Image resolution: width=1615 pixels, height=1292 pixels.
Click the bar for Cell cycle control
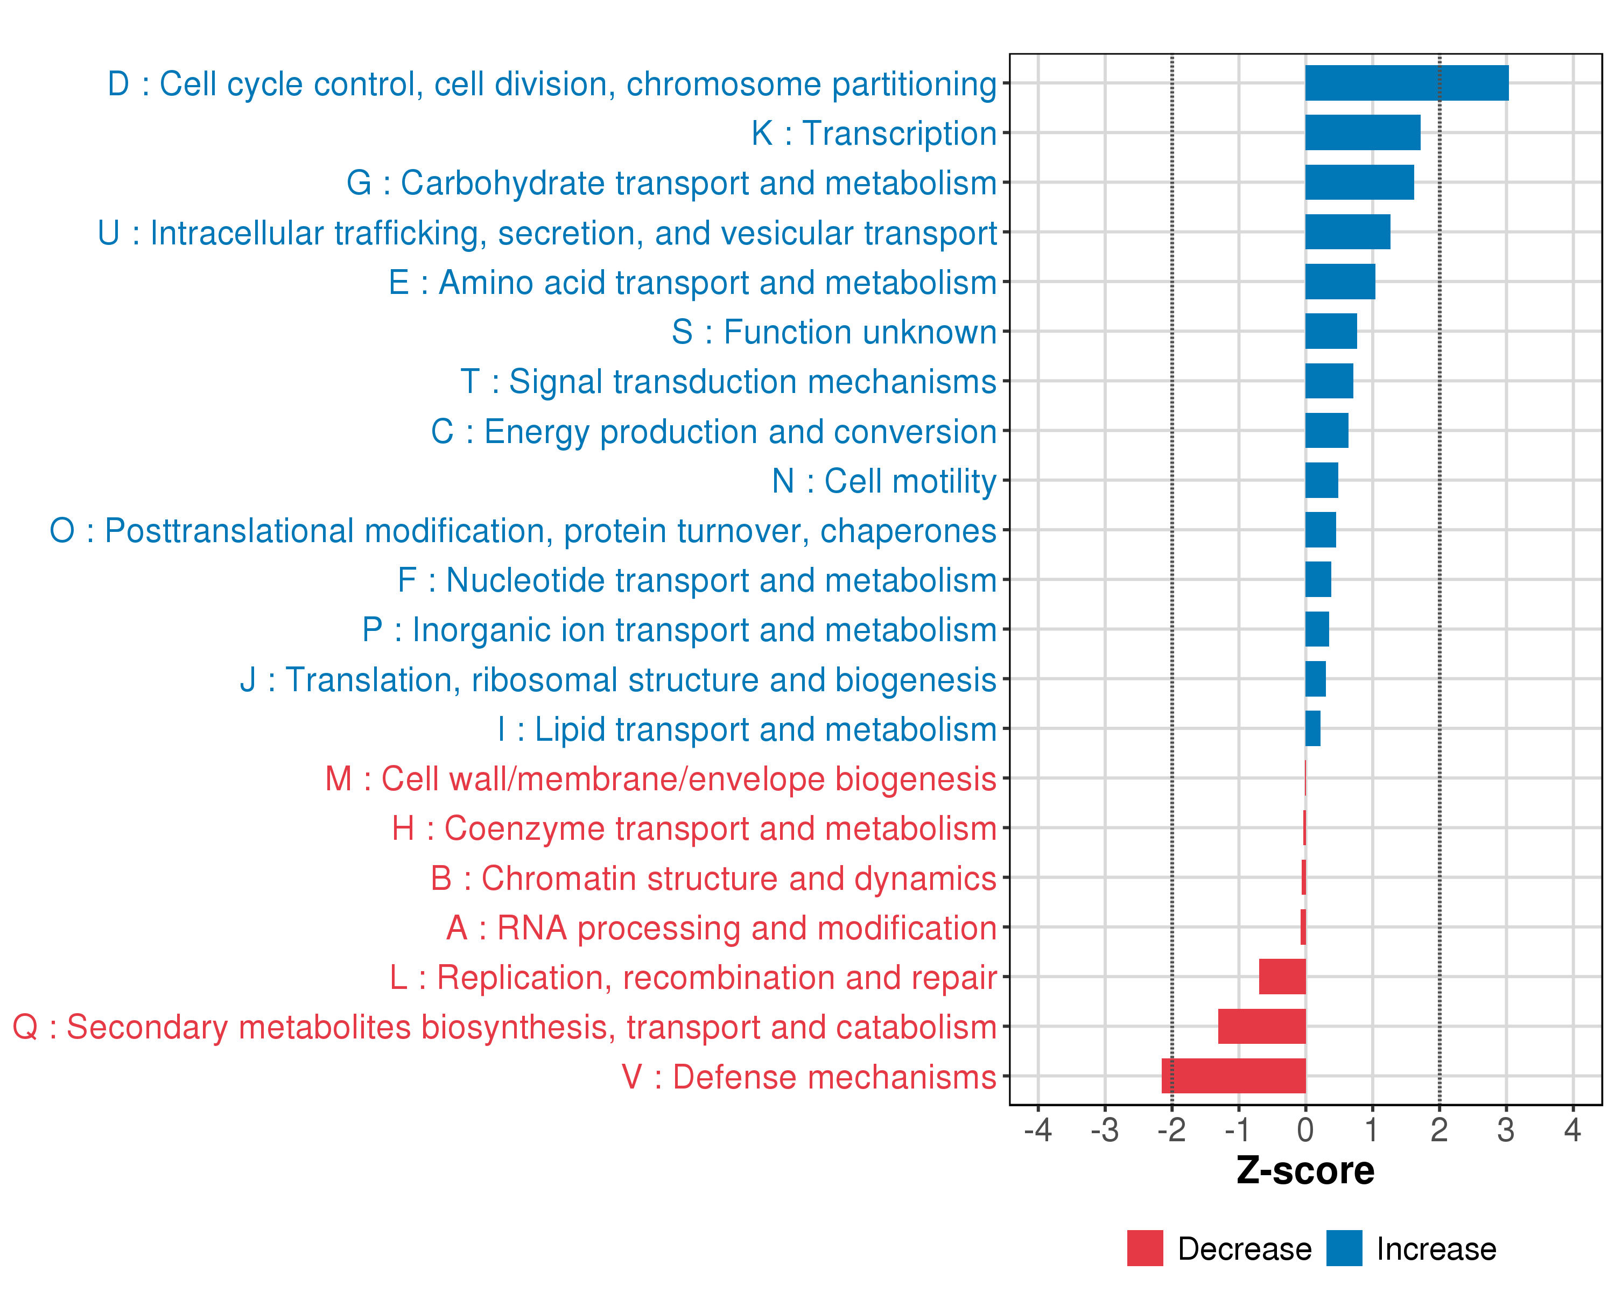point(1406,83)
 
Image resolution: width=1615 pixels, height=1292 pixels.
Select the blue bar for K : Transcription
point(1362,132)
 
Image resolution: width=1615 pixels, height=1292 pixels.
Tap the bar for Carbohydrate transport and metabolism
point(1359,182)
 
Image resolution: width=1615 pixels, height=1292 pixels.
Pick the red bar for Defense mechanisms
point(1233,1076)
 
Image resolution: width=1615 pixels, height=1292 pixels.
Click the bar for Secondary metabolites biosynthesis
point(1261,1026)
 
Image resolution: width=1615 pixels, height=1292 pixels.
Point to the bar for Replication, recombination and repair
point(1282,977)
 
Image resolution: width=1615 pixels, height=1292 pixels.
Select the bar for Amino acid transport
point(1339,282)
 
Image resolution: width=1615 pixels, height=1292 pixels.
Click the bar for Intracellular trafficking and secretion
point(1347,232)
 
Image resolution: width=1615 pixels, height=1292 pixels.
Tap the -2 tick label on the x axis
point(1171,1130)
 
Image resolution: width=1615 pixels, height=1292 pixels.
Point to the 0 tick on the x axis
point(1305,1130)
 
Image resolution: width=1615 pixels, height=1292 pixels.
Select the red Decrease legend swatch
point(1144,1248)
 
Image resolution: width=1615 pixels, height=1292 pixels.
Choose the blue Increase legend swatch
point(1344,1248)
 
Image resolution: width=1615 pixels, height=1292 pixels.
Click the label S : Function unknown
point(834,332)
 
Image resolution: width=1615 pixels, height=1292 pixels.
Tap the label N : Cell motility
point(884,481)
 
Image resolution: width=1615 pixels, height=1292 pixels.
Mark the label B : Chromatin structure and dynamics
point(713,879)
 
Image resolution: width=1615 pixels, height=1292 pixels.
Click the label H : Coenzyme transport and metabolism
point(693,828)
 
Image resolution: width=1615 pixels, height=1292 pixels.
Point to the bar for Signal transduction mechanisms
point(1329,381)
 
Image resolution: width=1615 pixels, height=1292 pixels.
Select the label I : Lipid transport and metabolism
point(747,729)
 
